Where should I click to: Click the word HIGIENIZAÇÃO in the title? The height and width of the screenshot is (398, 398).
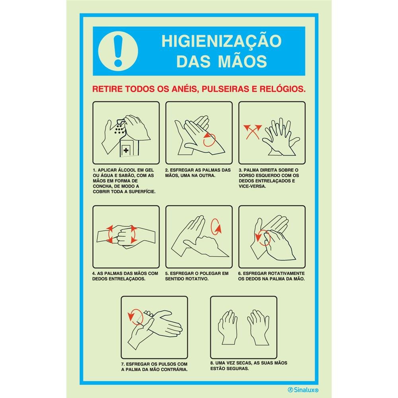pos(221,41)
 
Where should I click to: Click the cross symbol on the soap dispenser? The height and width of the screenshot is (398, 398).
pos(126,150)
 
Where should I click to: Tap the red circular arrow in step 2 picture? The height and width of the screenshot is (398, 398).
pos(209,140)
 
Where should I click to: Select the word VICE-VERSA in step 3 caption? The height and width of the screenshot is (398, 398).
pos(252,186)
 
